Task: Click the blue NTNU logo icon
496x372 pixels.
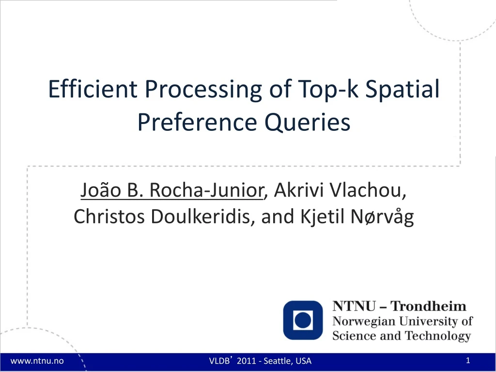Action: click(303, 320)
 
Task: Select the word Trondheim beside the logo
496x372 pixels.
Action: click(428, 306)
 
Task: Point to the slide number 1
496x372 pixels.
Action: click(468, 360)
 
